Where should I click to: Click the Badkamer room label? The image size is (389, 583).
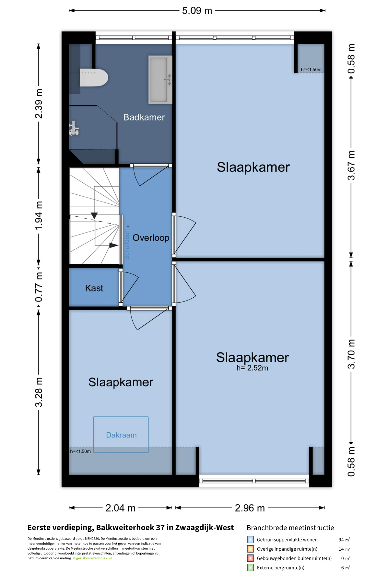(144, 117)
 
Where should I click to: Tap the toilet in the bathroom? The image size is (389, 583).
(94, 77)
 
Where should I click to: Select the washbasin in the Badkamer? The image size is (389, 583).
(160, 80)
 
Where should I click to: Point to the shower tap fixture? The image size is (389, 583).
(74, 128)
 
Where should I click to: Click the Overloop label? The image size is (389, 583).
(151, 238)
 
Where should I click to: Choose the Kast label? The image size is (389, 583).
(94, 288)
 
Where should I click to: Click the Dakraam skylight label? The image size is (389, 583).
(121, 435)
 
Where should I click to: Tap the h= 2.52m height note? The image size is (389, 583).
(252, 368)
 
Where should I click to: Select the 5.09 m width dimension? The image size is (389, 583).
(197, 11)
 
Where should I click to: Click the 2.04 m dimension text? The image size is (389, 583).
(120, 508)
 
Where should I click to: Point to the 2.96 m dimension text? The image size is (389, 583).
(250, 508)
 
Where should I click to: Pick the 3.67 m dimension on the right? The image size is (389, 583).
(351, 165)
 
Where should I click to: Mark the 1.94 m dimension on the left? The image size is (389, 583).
(39, 216)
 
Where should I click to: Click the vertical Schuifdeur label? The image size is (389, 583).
(127, 245)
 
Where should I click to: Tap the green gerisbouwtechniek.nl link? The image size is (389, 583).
(94, 558)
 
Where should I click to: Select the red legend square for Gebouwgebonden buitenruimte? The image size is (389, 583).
(250, 558)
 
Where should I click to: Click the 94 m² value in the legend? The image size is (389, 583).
(344, 540)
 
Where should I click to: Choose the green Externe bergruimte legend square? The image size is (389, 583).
(250, 567)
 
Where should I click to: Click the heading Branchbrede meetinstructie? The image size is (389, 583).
(290, 528)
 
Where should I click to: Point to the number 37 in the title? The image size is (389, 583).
(160, 527)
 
